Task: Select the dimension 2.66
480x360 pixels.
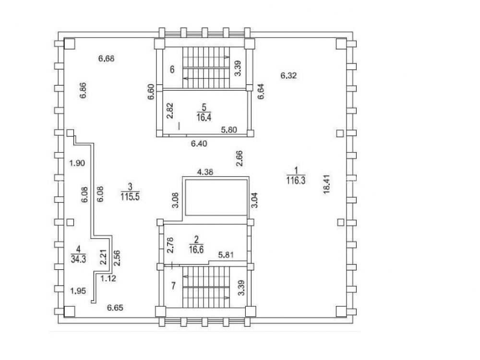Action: pyautogui.click(x=238, y=158)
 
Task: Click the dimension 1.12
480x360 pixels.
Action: pyautogui.click(x=108, y=277)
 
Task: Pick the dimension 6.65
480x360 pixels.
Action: pyautogui.click(x=115, y=307)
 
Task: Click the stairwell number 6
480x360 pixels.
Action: pyautogui.click(x=171, y=69)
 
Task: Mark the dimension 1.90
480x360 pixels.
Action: pyautogui.click(x=77, y=163)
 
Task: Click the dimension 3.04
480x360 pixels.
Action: pyautogui.click(x=254, y=200)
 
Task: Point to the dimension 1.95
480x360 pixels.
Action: pyautogui.click(x=78, y=290)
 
